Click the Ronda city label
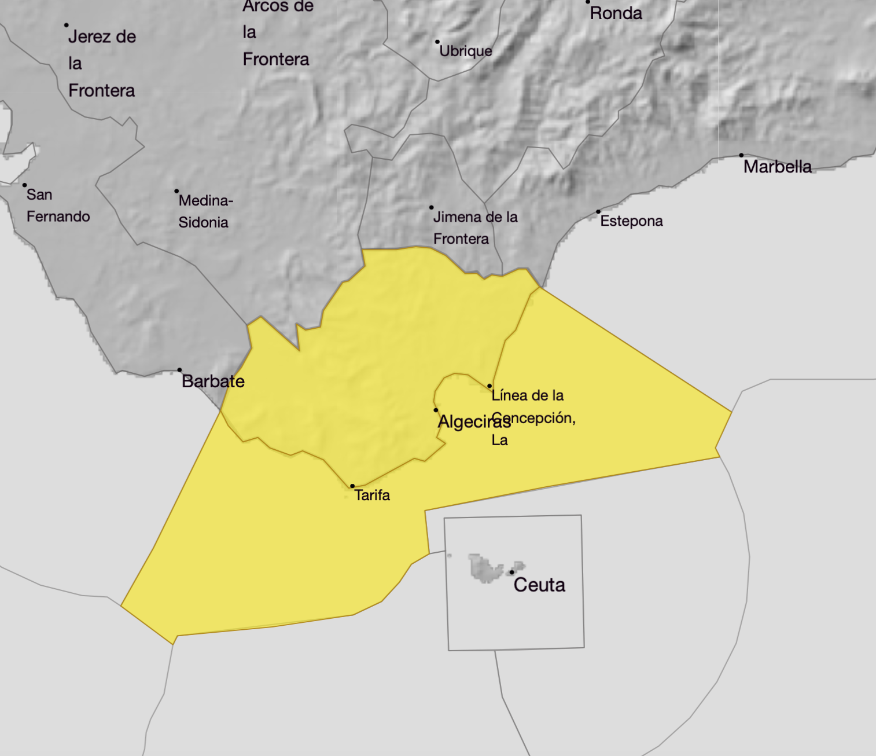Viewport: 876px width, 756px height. point(616,13)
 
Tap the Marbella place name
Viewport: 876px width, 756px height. point(777,167)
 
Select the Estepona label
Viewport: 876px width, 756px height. point(631,221)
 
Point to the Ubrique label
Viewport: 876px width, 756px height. point(466,51)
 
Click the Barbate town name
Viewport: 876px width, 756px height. point(213,381)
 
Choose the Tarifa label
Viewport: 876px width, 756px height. point(372,496)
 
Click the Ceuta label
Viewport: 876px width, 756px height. point(539,585)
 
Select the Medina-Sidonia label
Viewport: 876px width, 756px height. point(205,211)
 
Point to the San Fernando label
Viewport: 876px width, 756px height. point(58,205)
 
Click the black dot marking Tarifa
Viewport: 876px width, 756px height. point(352,486)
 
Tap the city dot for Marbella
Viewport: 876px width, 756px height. point(741,155)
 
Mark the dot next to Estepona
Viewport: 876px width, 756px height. point(598,212)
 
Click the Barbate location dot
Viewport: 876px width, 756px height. point(179,370)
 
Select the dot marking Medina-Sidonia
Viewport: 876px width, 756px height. point(176,191)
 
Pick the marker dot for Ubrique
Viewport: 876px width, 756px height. point(437,42)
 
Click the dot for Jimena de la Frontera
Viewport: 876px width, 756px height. point(431,207)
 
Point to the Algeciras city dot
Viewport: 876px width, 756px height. point(436,410)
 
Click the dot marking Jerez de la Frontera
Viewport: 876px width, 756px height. point(67,25)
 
